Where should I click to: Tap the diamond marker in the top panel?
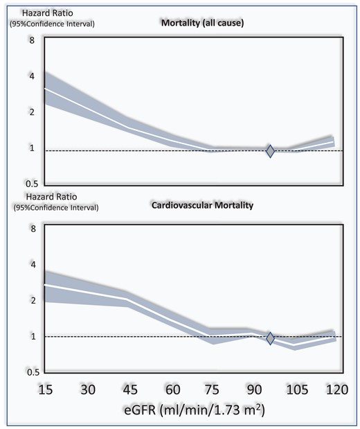coord(271,150)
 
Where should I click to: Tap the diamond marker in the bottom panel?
coord(271,338)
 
